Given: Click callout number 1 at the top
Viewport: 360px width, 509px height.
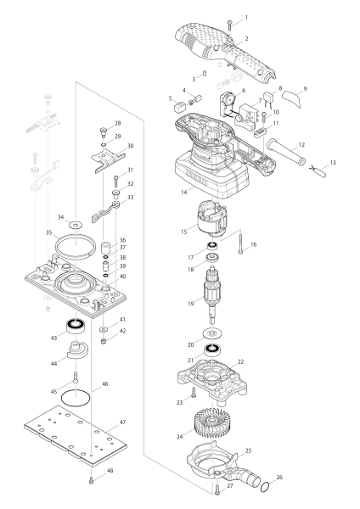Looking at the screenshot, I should tap(245, 17).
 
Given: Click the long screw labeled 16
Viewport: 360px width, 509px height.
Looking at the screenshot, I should tap(243, 245).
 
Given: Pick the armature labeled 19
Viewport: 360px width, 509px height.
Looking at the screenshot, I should tap(211, 293).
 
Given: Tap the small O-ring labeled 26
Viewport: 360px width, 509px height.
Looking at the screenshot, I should tap(267, 487).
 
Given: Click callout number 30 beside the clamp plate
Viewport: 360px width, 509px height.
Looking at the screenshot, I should tap(129, 146).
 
